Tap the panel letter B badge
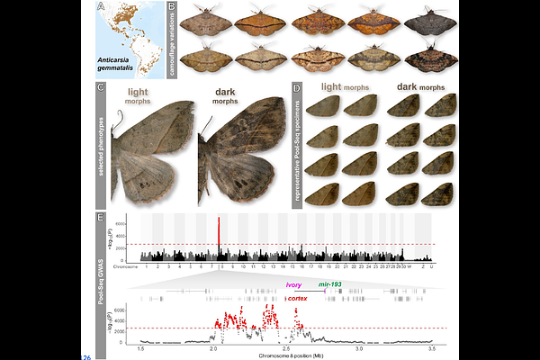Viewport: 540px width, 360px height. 172,8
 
